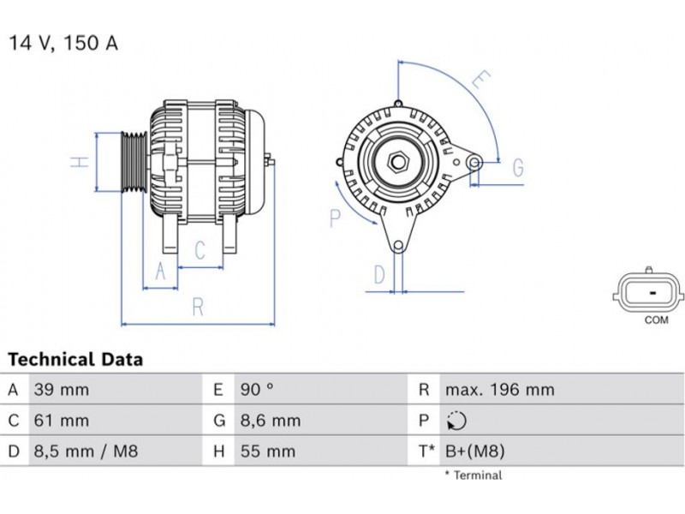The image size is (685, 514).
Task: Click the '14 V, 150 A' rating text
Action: click(x=63, y=43)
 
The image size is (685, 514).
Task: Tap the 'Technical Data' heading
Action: click(x=75, y=359)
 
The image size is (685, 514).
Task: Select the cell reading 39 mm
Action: click(x=62, y=390)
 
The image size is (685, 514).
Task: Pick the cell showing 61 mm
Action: click(x=62, y=421)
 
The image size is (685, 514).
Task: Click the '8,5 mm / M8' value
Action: click(x=86, y=451)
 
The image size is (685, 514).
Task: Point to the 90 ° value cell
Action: click(x=257, y=390)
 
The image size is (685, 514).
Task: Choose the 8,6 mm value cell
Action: click(x=271, y=421)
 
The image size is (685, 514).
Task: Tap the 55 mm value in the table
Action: click(x=268, y=451)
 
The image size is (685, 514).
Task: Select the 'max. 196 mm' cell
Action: click(x=500, y=390)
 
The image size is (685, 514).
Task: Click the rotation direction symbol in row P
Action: click(x=456, y=421)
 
